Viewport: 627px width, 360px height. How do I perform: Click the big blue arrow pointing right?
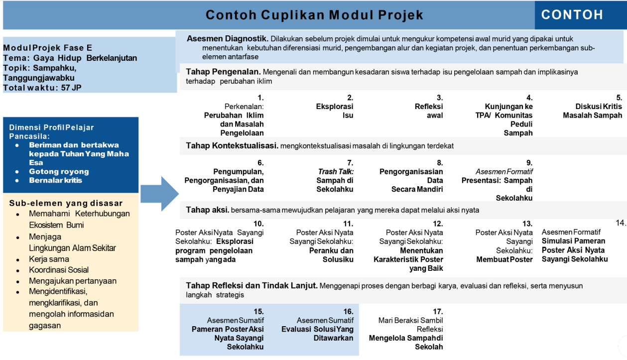159,194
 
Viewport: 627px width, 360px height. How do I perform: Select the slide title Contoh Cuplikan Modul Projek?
314,15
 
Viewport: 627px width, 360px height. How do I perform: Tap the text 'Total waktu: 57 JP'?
42,88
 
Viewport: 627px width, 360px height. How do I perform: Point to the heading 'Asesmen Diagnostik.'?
228,39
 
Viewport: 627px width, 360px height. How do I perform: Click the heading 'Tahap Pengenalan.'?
224,72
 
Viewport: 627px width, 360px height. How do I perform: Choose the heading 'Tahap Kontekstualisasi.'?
232,145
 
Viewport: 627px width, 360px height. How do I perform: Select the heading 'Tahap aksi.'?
207,210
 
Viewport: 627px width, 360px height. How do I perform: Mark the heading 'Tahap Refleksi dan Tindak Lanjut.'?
251,285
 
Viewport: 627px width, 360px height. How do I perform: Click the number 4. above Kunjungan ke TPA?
529,98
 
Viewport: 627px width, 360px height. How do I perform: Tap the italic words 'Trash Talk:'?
336,172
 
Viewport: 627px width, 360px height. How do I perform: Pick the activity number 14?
621,223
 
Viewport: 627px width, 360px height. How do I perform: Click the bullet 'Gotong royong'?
59,172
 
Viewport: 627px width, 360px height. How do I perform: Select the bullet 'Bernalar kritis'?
55,180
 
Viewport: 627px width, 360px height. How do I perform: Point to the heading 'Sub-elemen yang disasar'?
66,203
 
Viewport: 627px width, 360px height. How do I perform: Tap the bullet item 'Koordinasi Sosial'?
59,270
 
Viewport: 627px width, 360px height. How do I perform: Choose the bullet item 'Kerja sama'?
49,259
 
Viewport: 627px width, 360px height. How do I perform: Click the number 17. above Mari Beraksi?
438,312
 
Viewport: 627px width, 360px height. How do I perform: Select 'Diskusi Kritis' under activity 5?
599,107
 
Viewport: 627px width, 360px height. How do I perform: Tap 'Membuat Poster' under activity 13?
504,259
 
